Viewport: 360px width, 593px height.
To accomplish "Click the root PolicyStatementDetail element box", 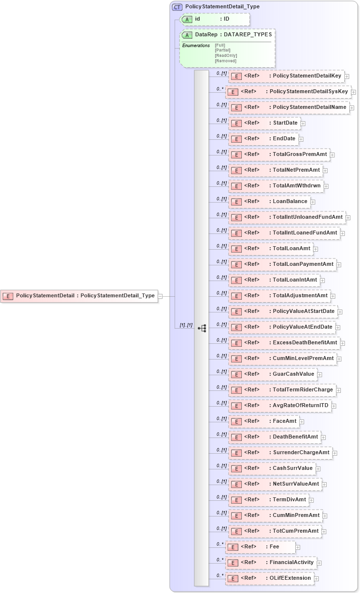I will [x=79, y=296].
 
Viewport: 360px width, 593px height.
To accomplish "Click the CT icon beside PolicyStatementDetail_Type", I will [x=177, y=7].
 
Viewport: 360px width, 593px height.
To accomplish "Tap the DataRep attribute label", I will [x=206, y=35].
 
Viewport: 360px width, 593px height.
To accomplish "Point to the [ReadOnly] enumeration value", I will [x=226, y=55].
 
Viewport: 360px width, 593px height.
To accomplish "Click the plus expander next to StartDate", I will [x=303, y=123].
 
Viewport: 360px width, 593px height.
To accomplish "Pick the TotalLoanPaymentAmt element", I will [x=282, y=264].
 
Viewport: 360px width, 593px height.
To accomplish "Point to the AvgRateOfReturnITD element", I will [x=279, y=406].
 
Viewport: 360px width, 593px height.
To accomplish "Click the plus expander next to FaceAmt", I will [x=302, y=421].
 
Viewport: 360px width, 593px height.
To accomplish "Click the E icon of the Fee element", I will [x=233, y=547].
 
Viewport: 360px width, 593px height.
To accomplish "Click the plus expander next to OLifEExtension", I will [x=317, y=579].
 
